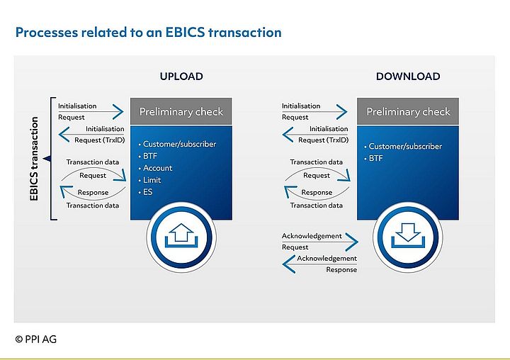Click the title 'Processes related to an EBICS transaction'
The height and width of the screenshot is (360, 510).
tap(148, 32)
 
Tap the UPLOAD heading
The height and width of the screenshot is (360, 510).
tap(181, 77)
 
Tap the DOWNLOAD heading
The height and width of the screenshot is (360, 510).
tap(408, 77)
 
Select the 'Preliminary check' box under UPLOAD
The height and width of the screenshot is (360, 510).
tap(181, 111)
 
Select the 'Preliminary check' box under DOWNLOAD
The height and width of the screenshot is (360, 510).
tap(407, 111)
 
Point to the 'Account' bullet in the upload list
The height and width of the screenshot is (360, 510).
tap(158, 168)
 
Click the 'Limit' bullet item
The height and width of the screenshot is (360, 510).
tap(154, 180)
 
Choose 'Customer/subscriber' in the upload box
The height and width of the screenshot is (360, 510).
tap(179, 144)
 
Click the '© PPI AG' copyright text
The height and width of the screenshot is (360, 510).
tap(35, 339)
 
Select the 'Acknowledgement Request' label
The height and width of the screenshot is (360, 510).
tap(312, 241)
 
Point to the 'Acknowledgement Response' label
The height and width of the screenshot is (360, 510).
tap(327, 264)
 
